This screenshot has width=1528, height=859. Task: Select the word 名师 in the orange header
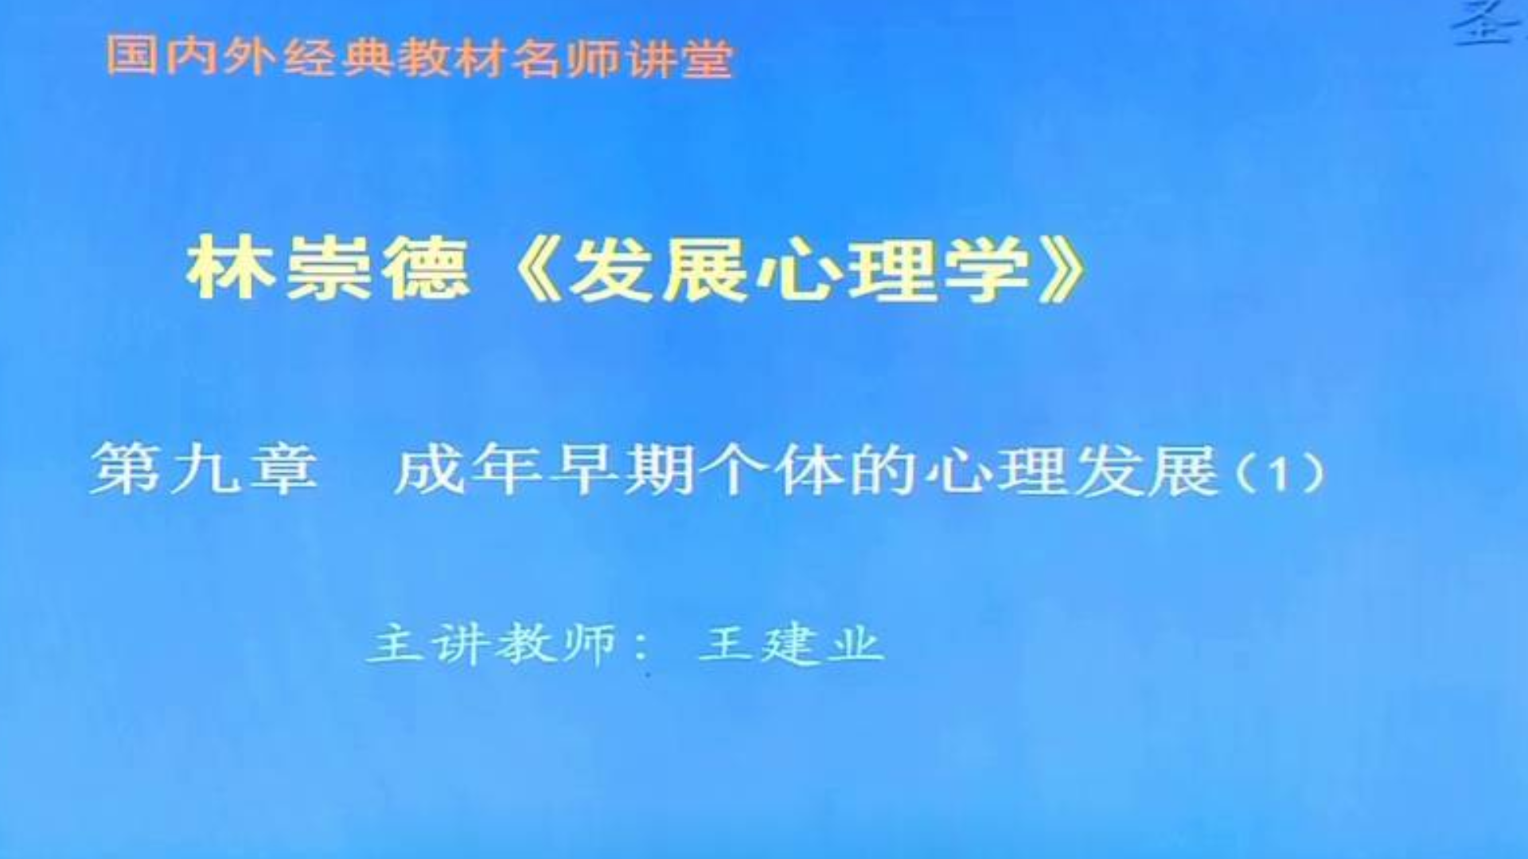point(565,58)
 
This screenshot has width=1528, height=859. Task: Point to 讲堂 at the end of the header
point(679,58)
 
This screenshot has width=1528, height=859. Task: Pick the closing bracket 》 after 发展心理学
point(1062,270)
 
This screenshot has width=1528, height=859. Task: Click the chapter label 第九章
point(205,469)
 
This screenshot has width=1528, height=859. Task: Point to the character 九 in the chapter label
point(205,469)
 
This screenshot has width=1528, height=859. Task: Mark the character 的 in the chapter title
point(882,470)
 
